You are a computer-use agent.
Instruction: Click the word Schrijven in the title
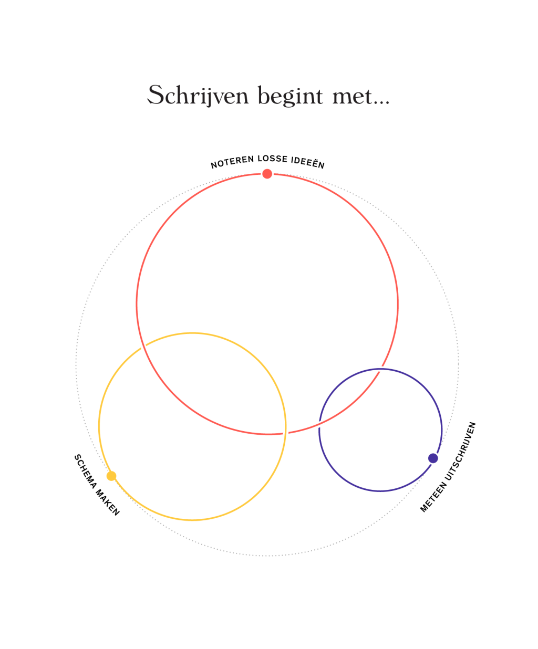198,96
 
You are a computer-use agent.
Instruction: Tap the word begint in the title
290,97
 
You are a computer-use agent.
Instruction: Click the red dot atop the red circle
267,174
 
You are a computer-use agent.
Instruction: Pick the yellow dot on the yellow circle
111,476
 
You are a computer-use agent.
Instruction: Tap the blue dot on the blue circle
433,458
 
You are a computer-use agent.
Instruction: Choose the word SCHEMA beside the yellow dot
84,468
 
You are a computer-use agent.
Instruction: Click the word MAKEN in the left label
108,501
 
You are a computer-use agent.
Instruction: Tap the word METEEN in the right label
432,496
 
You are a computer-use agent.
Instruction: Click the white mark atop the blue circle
381,369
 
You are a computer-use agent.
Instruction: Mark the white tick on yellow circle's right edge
285,431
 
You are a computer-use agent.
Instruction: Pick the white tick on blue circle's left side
317,426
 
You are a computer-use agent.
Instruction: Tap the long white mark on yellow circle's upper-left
144,348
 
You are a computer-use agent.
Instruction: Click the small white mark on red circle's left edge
137,312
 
